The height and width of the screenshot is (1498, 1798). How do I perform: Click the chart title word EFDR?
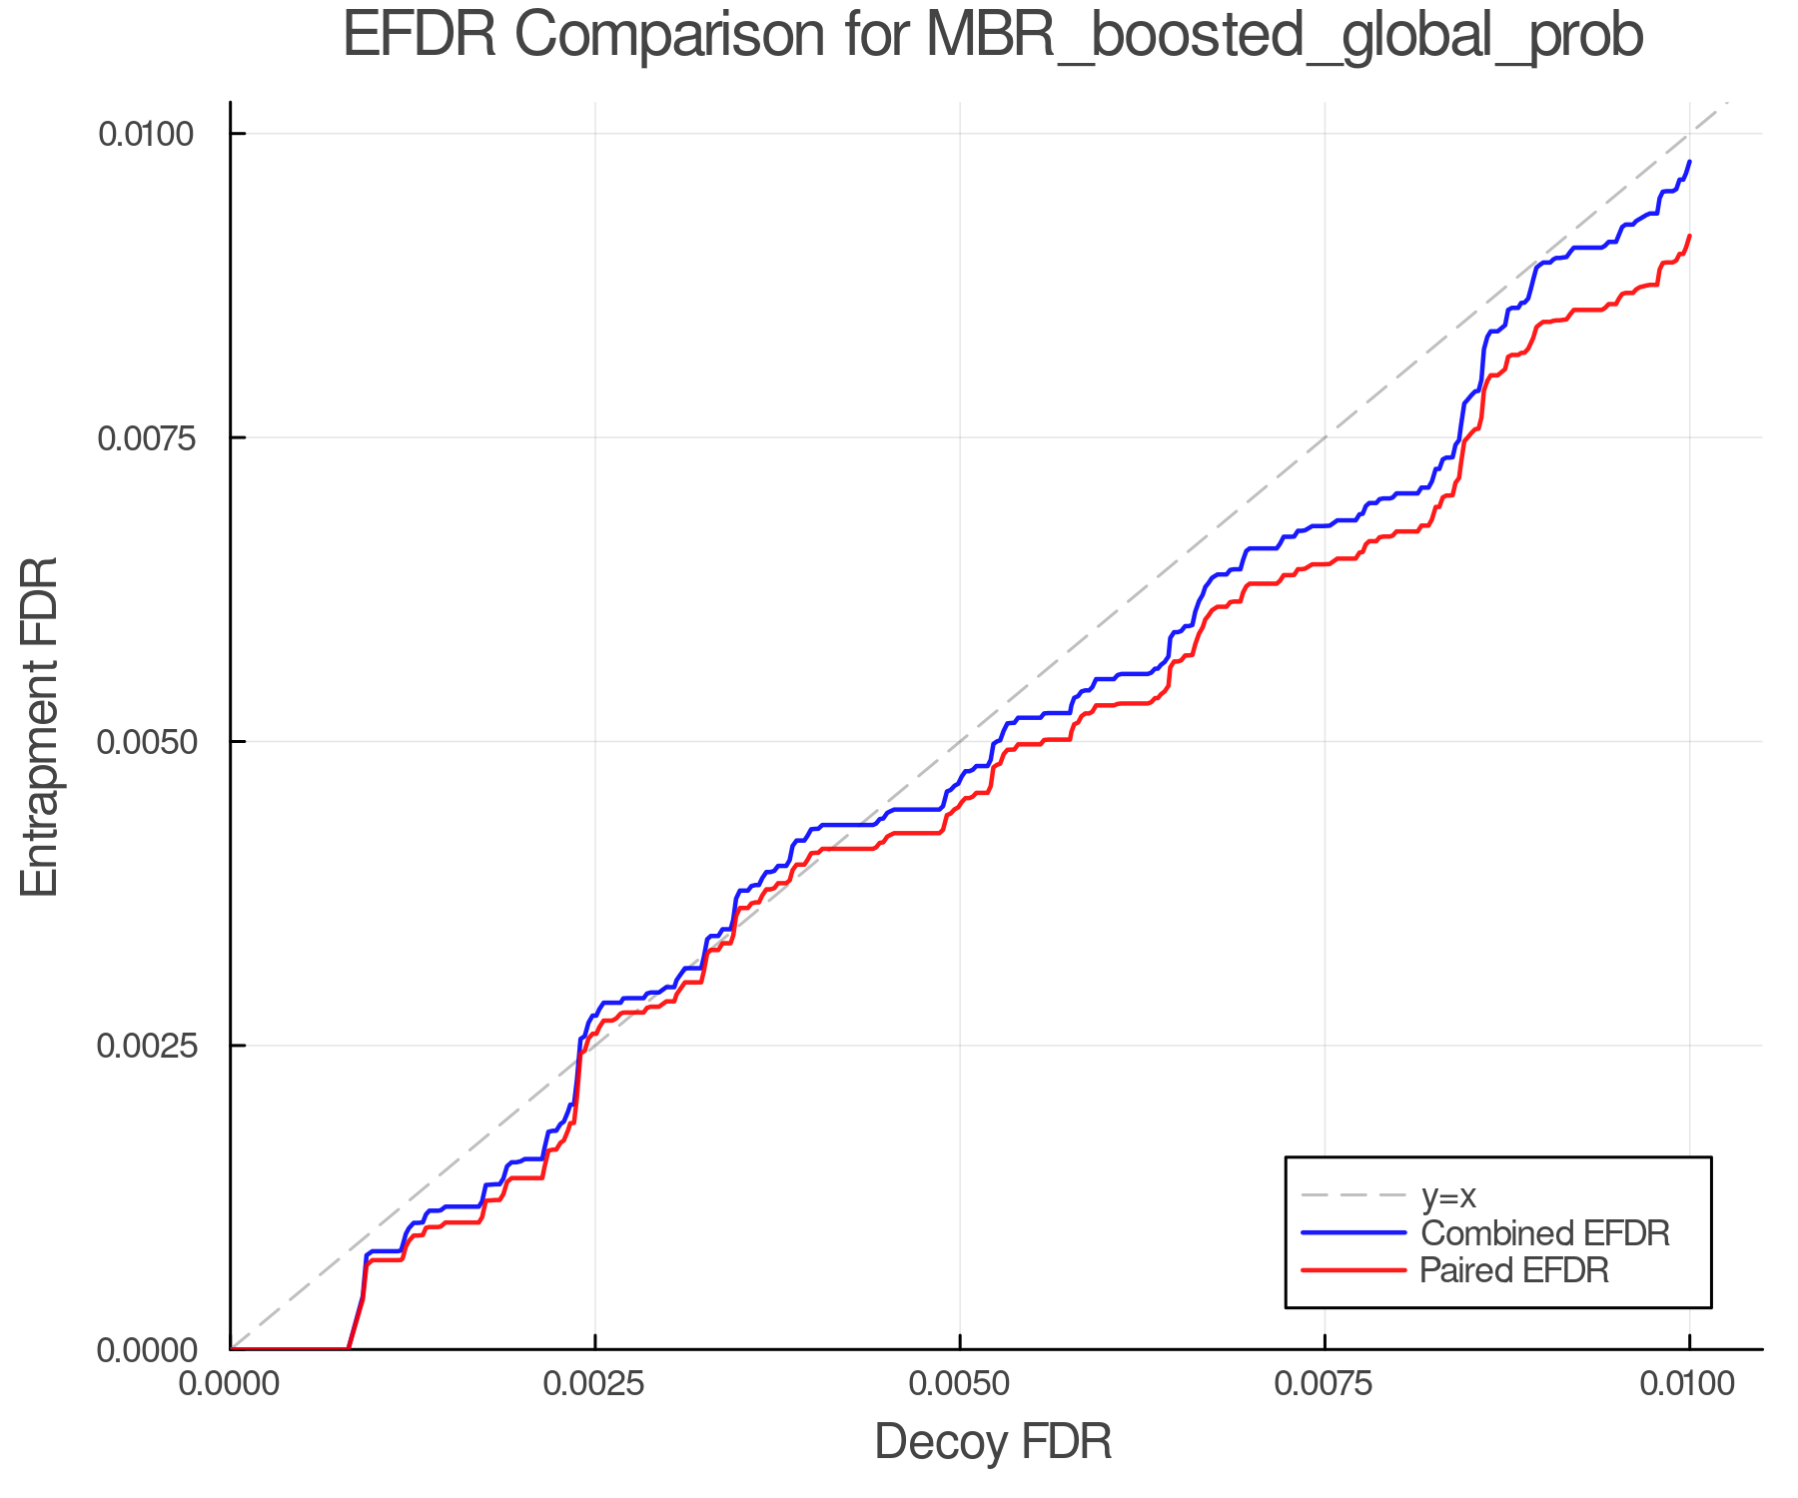click(419, 36)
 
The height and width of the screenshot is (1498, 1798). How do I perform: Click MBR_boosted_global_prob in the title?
click(1284, 38)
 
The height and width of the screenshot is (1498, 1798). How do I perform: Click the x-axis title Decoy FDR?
click(993, 1442)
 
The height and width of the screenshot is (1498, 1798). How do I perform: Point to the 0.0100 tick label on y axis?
click(146, 134)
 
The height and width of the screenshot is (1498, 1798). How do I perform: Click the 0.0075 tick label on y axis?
click(146, 437)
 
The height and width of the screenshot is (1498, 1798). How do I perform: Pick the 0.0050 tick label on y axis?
click(146, 742)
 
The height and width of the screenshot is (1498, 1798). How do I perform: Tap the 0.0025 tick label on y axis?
click(146, 1046)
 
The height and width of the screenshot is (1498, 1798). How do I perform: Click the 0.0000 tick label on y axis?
click(146, 1350)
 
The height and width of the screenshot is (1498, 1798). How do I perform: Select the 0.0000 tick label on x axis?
click(231, 1384)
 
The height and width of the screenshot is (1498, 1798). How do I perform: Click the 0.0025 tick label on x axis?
click(595, 1384)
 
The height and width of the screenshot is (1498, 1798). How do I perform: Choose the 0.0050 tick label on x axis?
click(960, 1384)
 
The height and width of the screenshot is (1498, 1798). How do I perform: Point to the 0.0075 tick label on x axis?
click(1325, 1384)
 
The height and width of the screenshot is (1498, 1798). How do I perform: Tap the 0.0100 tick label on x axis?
click(1689, 1384)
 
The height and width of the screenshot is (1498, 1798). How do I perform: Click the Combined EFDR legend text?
click(1544, 1233)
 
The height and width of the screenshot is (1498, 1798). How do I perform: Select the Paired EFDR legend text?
click(1514, 1270)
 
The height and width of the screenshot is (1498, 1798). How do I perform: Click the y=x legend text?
click(1448, 1195)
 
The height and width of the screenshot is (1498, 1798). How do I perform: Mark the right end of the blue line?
click(1689, 161)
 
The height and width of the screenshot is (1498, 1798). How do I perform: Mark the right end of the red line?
click(1689, 236)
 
